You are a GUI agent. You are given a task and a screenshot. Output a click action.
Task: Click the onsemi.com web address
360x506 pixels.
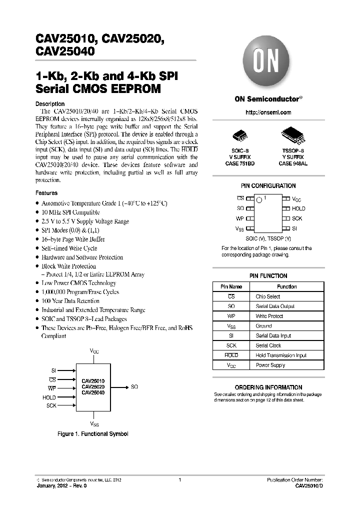tap(268, 112)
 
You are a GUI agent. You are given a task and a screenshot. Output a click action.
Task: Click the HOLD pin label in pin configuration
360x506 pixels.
tap(298, 208)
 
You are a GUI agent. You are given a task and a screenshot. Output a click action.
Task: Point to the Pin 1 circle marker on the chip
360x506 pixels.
tap(259, 200)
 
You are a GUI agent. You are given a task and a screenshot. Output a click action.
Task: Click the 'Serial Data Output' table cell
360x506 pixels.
tap(275, 306)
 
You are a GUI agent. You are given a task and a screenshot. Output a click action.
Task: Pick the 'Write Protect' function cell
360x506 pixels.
tap(269, 316)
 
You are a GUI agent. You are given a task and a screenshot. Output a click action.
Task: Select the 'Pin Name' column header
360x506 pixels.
tap(231, 287)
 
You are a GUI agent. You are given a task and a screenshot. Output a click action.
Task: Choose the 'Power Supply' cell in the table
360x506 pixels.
tap(270, 365)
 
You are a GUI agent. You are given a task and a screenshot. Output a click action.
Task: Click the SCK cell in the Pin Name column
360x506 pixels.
tap(231, 345)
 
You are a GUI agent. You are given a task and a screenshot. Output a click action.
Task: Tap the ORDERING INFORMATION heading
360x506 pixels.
tap(268, 387)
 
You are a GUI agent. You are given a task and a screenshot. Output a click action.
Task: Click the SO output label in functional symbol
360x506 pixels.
tap(134, 386)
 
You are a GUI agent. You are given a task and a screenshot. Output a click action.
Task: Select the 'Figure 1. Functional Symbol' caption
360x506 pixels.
tap(93, 434)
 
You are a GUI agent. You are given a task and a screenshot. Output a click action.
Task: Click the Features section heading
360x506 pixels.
tap(46, 193)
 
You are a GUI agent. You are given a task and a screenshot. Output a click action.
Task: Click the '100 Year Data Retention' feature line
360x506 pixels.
tap(70, 301)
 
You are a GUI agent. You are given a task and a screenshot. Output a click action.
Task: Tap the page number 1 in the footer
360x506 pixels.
tap(179, 480)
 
